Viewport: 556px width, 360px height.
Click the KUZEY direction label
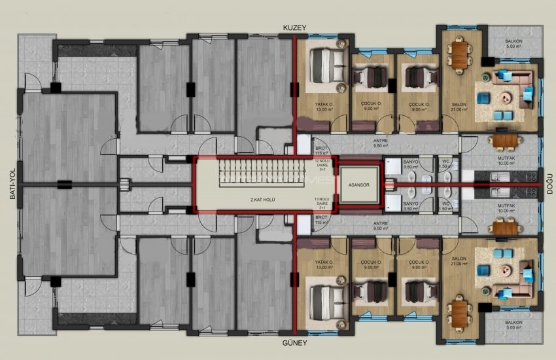tap(294, 27)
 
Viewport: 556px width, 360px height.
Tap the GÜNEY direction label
tap(294, 342)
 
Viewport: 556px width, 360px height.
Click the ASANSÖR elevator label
tap(358, 184)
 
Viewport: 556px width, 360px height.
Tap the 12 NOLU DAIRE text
tap(321, 164)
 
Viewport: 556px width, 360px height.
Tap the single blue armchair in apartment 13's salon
tap(483, 270)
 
